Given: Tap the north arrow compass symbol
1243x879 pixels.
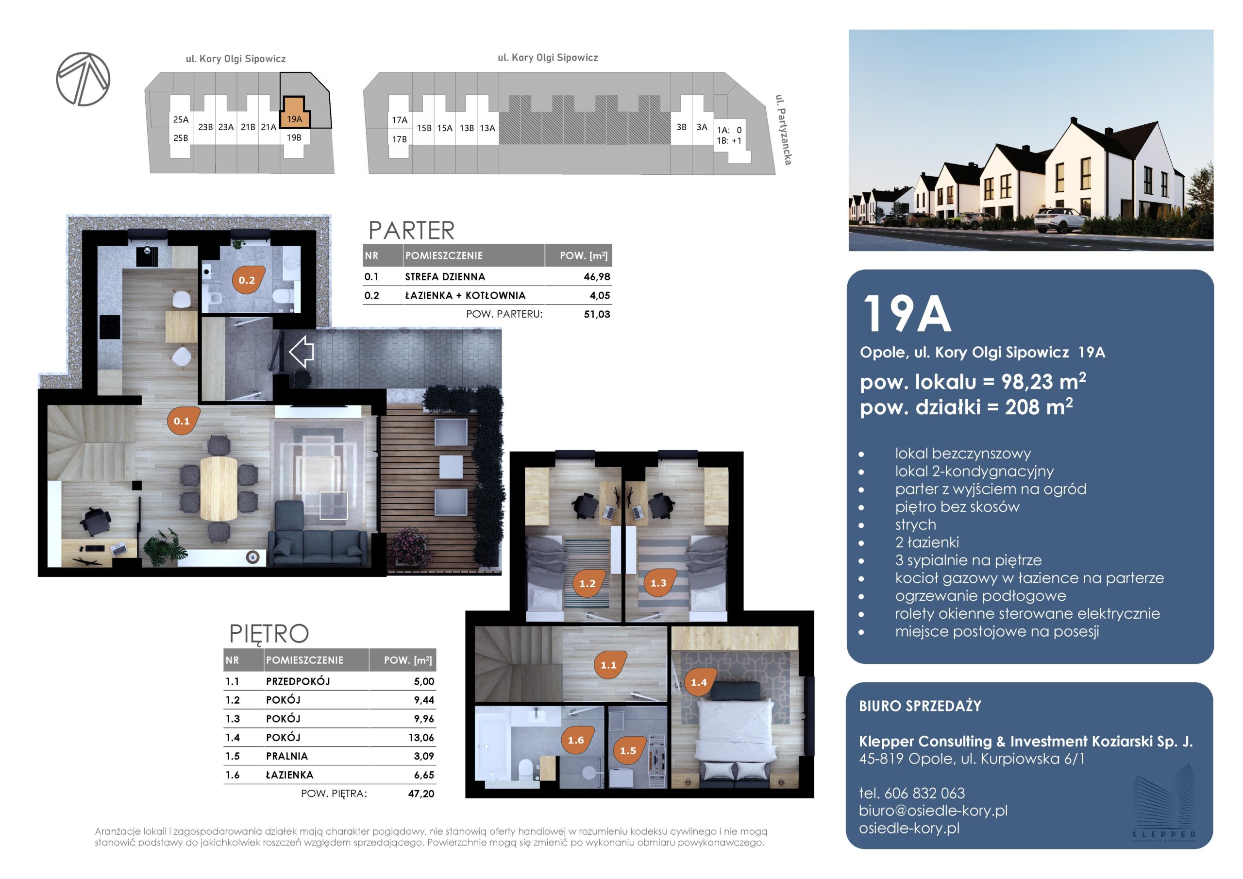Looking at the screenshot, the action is pos(84,79).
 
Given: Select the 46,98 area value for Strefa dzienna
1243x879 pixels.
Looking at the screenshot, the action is pos(597,277).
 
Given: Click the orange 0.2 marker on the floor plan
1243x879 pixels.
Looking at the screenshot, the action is pos(249,279).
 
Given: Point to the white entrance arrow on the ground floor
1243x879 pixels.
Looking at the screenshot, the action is pos(302,352).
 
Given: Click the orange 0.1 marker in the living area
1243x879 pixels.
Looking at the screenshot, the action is pos(183,420).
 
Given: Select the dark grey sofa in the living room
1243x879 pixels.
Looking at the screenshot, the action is pos(317,535).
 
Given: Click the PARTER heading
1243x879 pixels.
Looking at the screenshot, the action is pos(411,230).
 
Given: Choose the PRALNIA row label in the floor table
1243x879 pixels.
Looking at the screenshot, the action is pos(287,756).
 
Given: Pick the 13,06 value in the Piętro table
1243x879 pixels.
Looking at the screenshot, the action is pos(421,737).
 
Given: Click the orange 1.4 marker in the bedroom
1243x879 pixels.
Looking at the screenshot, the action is pos(700,681).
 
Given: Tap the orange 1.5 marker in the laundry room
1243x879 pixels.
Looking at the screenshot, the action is pos(629,750).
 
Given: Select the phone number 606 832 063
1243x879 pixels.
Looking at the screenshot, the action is pos(924,794).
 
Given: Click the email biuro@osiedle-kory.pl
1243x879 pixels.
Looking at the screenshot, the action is pos(933,811).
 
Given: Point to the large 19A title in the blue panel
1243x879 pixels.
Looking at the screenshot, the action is pos(907,314).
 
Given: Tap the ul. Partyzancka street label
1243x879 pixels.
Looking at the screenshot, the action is pos(783,130).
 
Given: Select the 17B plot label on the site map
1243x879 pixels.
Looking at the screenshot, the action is pos(400,139).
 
